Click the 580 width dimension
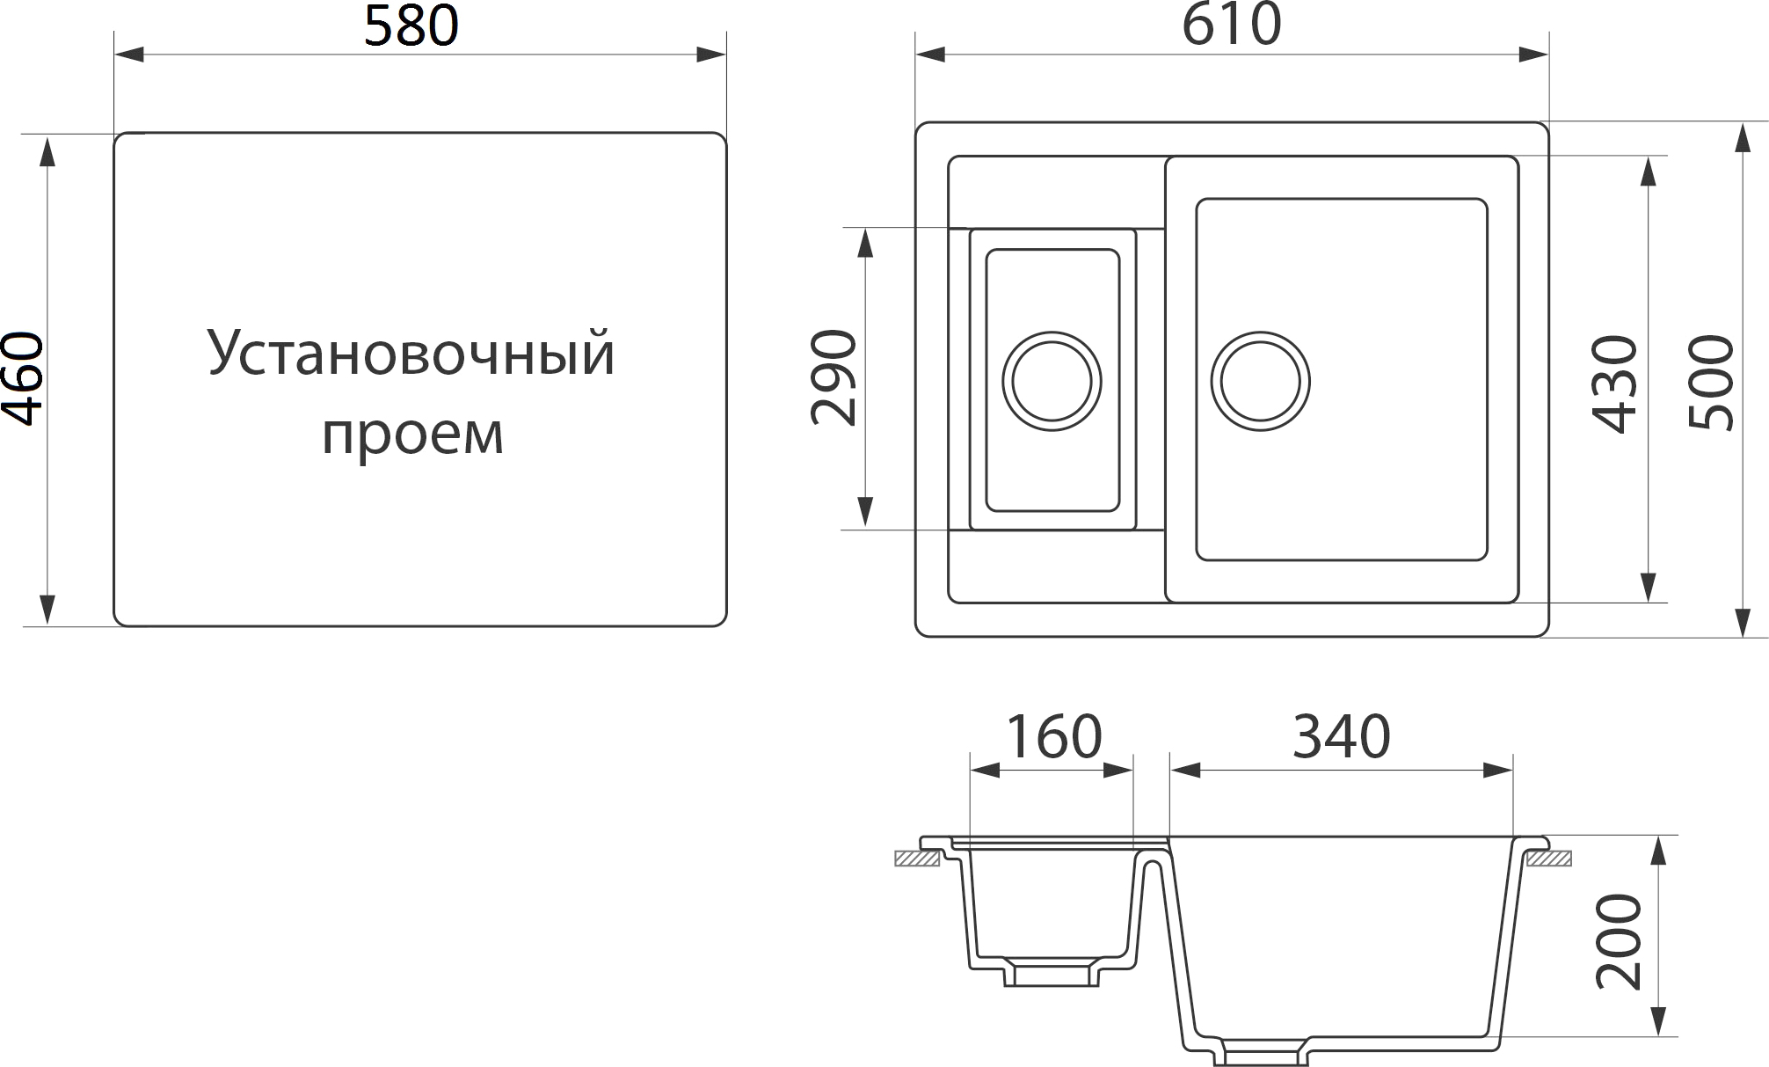coord(411,26)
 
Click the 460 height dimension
coord(23,379)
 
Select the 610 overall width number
coord(1231,25)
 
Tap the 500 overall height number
coord(1711,383)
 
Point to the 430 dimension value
coord(1615,384)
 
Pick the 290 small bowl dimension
coord(833,378)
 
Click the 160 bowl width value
coord(1053,737)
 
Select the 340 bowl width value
coord(1341,737)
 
